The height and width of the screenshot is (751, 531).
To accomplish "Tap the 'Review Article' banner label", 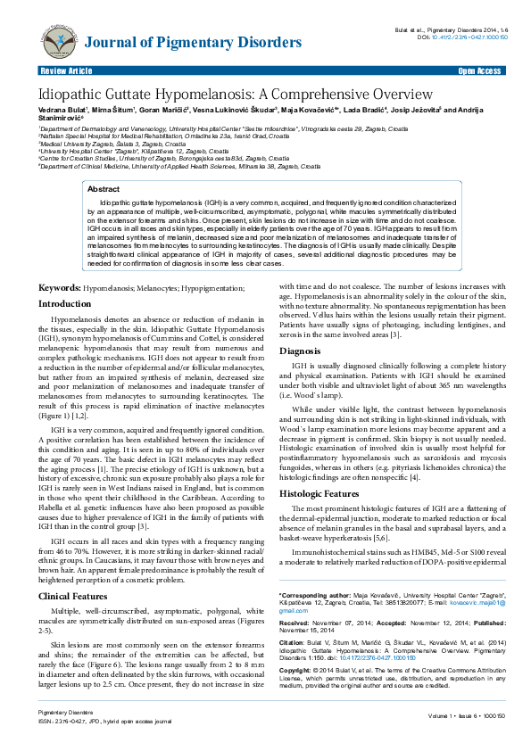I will [x=66, y=70].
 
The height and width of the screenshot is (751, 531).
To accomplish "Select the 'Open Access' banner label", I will [x=478, y=70].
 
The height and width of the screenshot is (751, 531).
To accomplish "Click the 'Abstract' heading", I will [x=104, y=189].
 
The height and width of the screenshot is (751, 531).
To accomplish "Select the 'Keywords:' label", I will [x=59, y=263].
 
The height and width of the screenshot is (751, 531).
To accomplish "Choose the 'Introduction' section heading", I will [x=65, y=279].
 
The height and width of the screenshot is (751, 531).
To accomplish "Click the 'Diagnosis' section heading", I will [x=300, y=351].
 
